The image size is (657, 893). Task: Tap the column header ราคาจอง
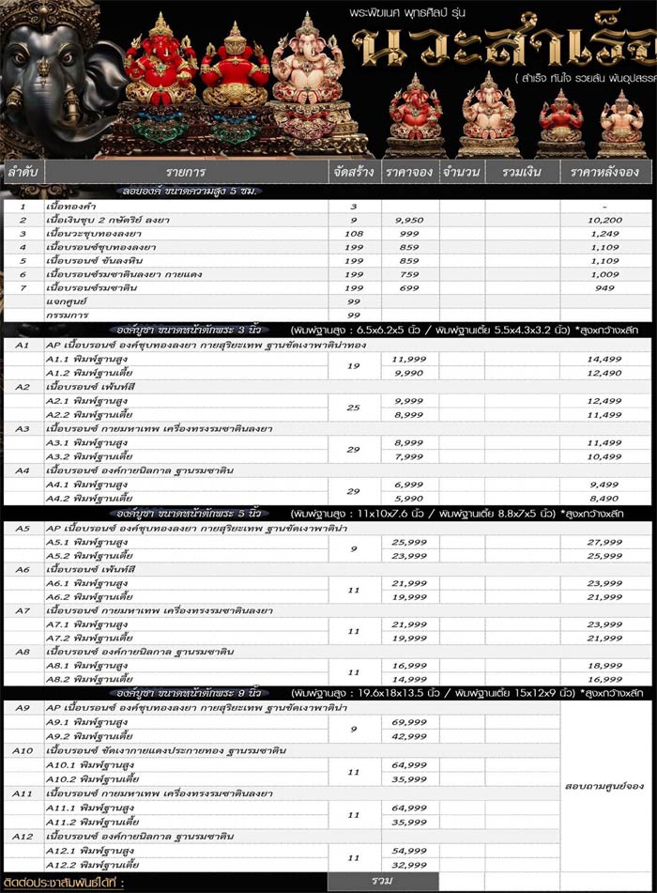pos(409,174)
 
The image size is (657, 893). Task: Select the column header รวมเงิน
pos(520,174)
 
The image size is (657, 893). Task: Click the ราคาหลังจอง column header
pos(604,174)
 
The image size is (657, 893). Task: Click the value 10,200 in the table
pos(605,219)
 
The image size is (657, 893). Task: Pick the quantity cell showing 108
pos(354,232)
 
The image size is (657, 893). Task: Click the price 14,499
pos(605,359)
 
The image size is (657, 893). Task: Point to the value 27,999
pos(605,542)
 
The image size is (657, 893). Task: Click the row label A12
pos(23,836)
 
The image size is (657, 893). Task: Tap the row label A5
pos(23,529)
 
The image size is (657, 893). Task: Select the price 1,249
pos(605,232)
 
